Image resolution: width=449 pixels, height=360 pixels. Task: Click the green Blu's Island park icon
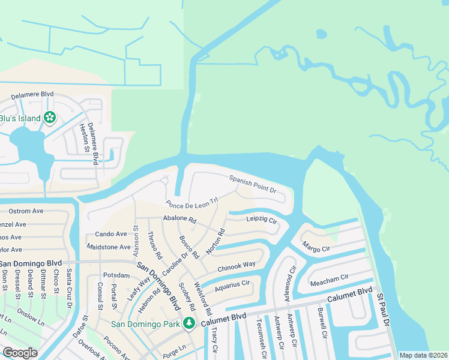tap(50, 118)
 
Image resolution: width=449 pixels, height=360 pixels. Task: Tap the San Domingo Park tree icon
tap(189, 324)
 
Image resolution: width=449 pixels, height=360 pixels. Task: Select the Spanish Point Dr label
tap(252, 184)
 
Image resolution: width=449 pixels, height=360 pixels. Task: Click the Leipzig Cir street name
tap(262, 220)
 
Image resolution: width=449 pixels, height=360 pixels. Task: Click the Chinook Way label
tap(237, 265)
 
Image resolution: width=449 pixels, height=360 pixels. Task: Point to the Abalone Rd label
tap(179, 220)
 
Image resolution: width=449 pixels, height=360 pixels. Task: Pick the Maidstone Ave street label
tap(109, 247)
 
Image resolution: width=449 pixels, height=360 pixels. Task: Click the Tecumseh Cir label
tap(259, 340)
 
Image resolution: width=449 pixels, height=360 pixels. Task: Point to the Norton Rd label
tap(215, 240)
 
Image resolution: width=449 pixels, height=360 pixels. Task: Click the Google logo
tap(20, 353)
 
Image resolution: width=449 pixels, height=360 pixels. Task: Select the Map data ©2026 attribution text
tap(423, 355)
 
